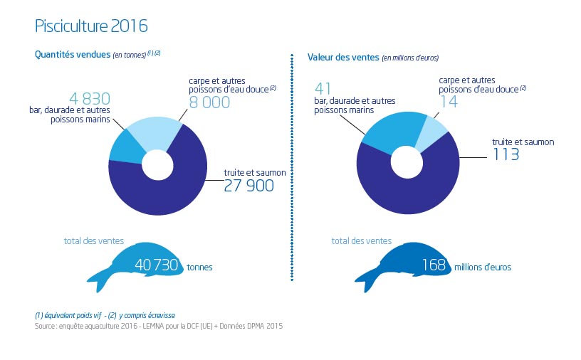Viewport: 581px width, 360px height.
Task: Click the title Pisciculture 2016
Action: tap(91, 26)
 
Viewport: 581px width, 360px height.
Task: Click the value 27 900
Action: tap(248, 186)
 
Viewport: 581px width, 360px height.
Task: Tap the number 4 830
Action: tap(90, 99)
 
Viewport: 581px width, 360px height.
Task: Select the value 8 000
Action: tap(209, 102)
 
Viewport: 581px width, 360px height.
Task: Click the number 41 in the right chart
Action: tap(324, 89)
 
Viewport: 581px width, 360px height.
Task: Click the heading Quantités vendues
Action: tap(73, 55)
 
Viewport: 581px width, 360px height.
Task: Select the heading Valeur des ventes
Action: tap(343, 57)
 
